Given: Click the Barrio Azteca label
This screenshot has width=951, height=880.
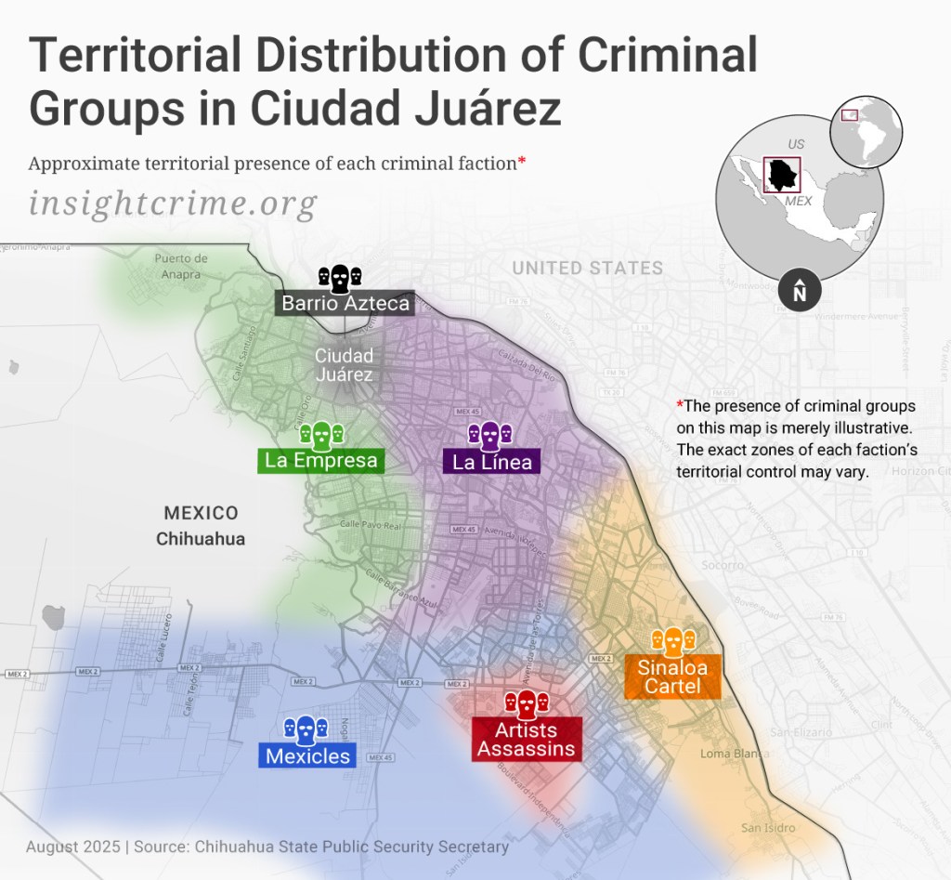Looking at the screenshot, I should point(345,303).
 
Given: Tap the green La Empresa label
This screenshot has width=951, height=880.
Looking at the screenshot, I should point(321,460).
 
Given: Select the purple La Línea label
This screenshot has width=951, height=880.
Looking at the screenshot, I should point(492,461).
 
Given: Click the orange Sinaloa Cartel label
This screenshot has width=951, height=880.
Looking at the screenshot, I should point(672,677).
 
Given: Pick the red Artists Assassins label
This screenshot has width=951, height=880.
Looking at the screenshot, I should point(527,740).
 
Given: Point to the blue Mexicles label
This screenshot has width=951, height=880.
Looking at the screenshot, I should point(307,755).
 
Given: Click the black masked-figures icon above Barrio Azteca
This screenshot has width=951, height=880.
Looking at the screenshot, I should point(340,277).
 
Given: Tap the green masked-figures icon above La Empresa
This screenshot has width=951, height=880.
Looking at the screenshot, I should point(321,433).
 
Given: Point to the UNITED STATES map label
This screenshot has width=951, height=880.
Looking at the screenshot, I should point(587,269).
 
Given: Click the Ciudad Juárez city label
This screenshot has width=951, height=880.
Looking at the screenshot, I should point(344,364).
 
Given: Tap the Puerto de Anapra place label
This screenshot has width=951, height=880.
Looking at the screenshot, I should point(181,266).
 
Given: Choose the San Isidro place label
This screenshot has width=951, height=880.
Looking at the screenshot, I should point(768,828).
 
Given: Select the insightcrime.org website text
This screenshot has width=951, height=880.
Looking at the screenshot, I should point(173,203).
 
